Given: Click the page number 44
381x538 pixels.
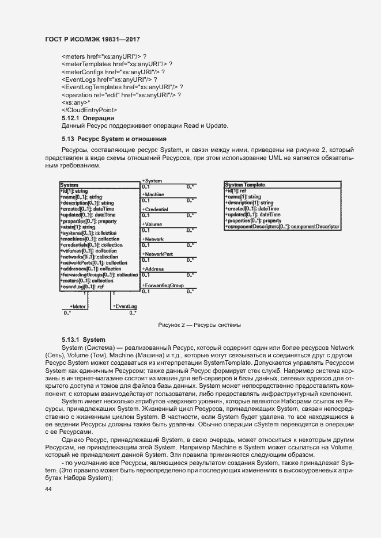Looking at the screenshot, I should click(x=48, y=489).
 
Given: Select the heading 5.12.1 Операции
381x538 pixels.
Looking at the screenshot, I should click(x=88, y=118).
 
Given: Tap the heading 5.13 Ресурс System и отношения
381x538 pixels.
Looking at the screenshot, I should click(x=114, y=139).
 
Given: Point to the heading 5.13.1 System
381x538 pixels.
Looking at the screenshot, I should click(x=84, y=339).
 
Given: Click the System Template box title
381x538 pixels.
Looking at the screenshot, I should click(x=245, y=185).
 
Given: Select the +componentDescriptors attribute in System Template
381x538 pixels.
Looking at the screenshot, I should click(x=282, y=227).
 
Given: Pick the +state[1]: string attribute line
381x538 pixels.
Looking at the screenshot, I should click(x=78, y=227).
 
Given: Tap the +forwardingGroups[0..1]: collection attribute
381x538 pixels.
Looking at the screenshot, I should click(x=99, y=274).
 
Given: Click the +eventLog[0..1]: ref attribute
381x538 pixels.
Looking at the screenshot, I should click(x=82, y=287).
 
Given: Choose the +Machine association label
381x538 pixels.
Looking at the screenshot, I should click(x=153, y=195).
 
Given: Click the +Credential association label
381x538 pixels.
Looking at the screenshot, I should click(x=155, y=209).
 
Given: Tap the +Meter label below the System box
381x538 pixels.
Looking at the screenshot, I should click(x=77, y=307).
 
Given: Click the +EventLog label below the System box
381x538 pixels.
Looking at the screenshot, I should click(x=125, y=307).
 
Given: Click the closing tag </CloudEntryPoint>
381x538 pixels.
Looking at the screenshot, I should click(x=89, y=110).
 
